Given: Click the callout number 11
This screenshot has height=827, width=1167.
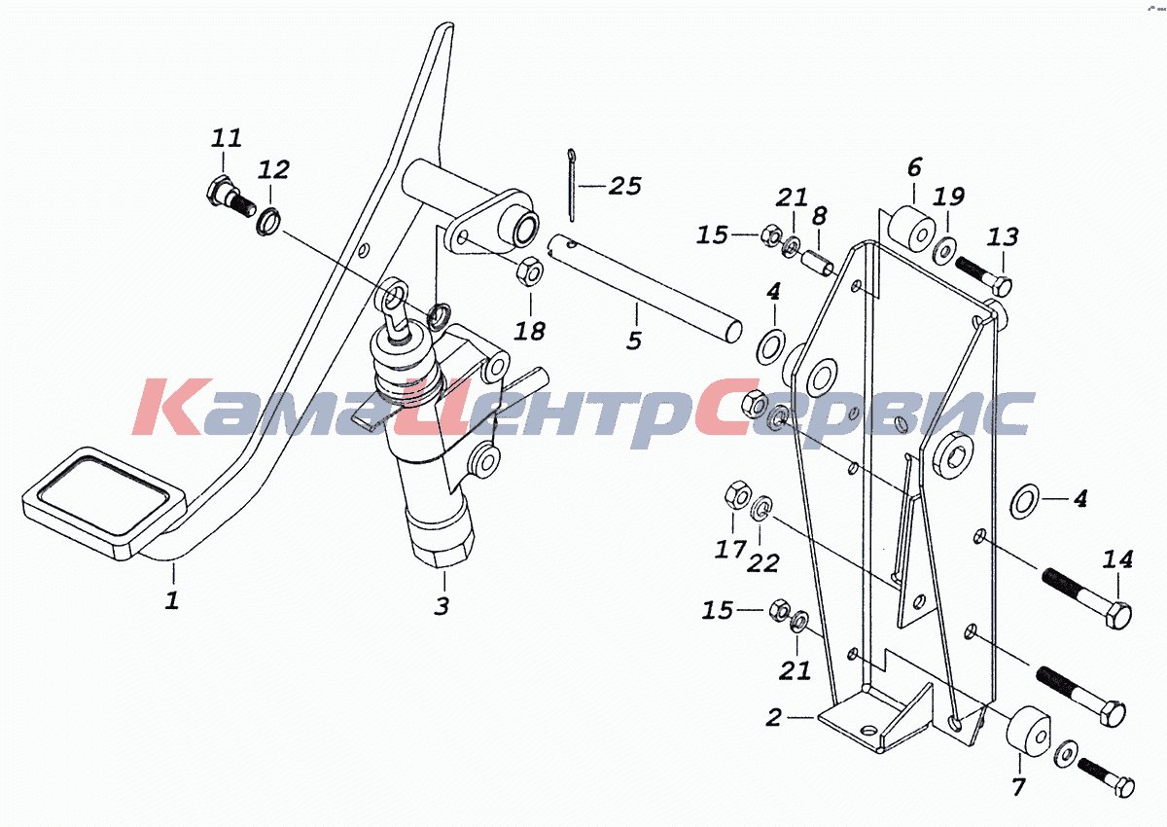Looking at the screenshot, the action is pyautogui.click(x=226, y=137).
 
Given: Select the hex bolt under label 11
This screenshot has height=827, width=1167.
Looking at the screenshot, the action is pyautogui.click(x=230, y=197).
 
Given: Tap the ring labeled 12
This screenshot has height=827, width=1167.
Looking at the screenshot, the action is pyautogui.click(x=268, y=222).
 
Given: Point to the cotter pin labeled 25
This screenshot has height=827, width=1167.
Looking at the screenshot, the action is pyautogui.click(x=572, y=185).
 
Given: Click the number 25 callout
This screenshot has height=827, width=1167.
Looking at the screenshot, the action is pyautogui.click(x=625, y=186).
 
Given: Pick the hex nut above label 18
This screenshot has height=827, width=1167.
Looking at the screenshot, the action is pyautogui.click(x=530, y=271).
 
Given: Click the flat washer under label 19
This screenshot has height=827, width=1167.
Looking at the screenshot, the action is pyautogui.click(x=944, y=250).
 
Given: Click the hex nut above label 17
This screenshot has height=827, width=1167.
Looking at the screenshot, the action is pyautogui.click(x=738, y=494).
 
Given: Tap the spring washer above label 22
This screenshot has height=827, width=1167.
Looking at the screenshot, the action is pyautogui.click(x=761, y=507).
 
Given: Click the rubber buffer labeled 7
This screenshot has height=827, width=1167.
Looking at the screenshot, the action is pyautogui.click(x=1027, y=731).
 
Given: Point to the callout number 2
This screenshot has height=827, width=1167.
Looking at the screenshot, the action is pyautogui.click(x=774, y=718).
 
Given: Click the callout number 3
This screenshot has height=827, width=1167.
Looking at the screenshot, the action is pyautogui.click(x=442, y=606).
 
